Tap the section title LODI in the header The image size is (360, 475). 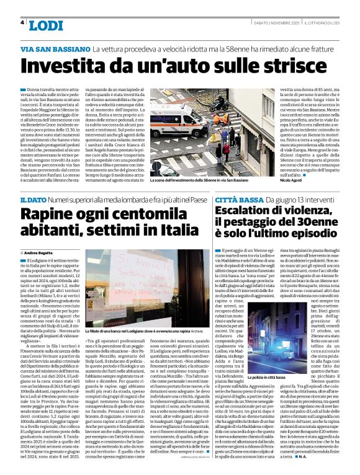click(45, 25)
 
